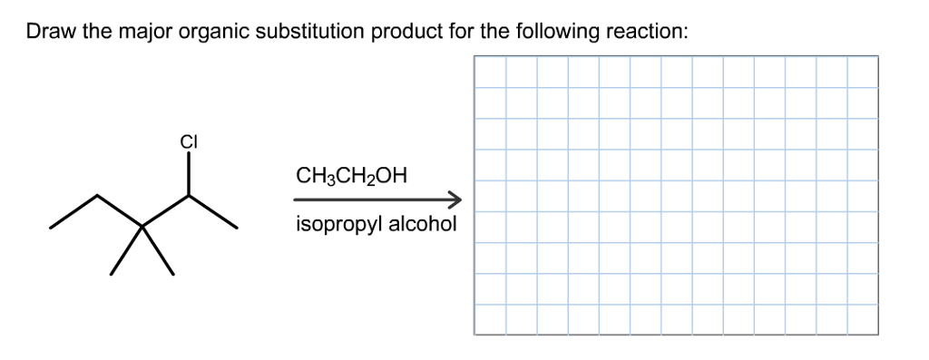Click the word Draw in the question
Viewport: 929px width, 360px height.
point(49,33)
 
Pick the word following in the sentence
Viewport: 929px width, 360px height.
point(559,33)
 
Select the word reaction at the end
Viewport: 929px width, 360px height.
point(650,33)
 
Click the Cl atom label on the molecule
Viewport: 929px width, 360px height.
point(189,142)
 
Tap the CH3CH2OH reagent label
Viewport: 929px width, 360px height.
point(350,174)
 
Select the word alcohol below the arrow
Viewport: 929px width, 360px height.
point(423,223)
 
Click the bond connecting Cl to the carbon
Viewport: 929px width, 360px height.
point(189,173)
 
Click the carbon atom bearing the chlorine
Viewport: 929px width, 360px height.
point(189,196)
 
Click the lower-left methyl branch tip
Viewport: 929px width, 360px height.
point(112,273)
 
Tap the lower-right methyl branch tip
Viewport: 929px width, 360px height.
point(172,273)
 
